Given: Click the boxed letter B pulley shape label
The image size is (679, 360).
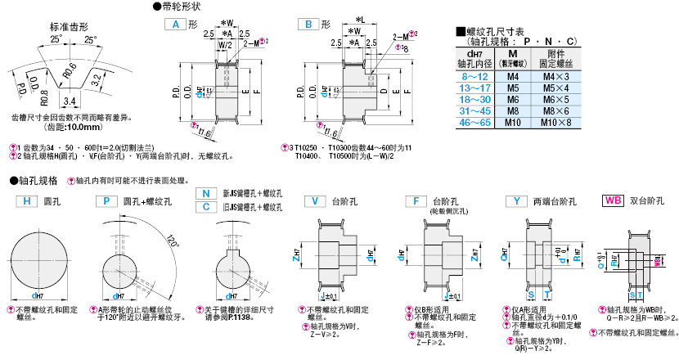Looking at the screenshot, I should point(308,25).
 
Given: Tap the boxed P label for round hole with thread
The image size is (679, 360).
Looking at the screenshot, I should point(107,201).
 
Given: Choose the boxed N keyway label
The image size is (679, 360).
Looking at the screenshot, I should point(206,194).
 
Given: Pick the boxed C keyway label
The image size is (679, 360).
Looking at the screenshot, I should point(206,207).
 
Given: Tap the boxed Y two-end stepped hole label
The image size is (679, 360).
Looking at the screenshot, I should point(516,201).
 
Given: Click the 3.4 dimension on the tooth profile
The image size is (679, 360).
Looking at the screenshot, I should point(70,101).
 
